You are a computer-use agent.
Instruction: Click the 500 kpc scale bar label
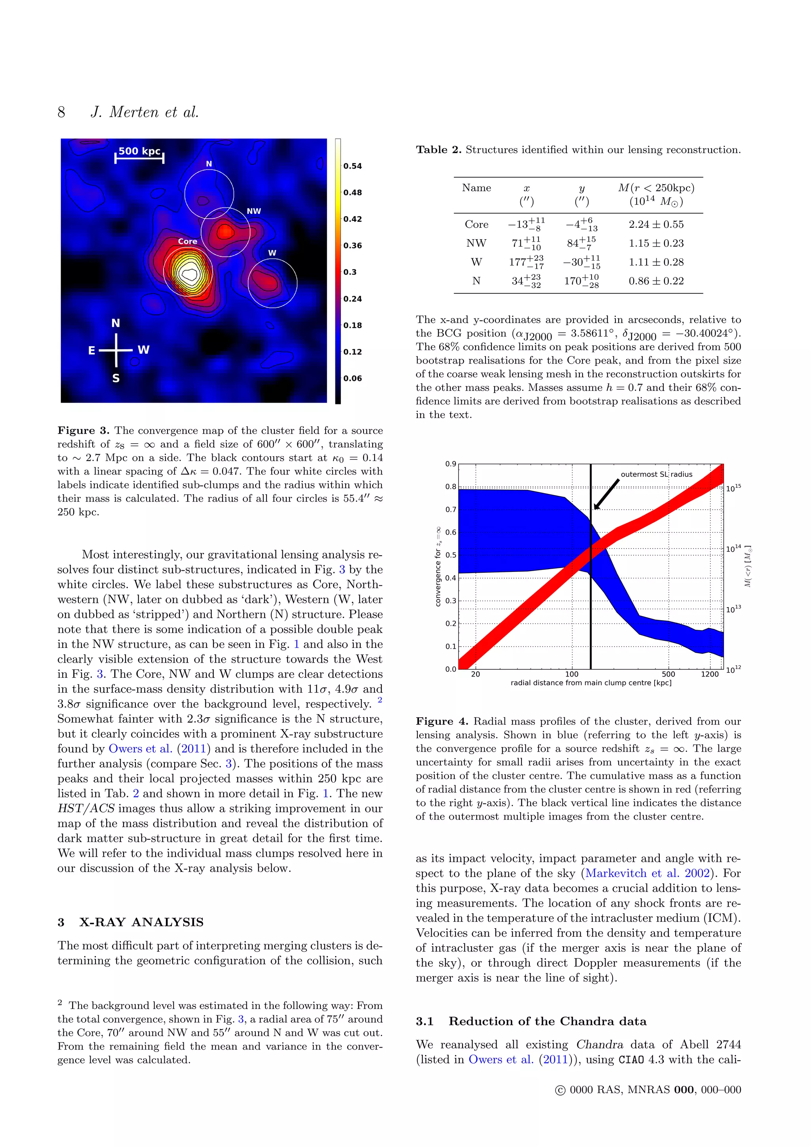[x=139, y=151]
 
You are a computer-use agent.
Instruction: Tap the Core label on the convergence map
[x=188, y=241]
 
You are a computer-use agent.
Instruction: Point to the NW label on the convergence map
[x=254, y=211]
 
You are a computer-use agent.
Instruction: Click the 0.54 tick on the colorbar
[x=352, y=166]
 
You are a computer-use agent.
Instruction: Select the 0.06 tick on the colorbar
[x=352, y=379]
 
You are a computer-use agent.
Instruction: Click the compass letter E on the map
[x=92, y=351]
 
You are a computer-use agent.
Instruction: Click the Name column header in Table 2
[x=476, y=188]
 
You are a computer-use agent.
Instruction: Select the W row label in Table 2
[x=476, y=262]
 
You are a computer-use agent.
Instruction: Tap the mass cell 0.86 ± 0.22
[x=656, y=281]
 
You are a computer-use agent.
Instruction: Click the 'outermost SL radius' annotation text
[x=656, y=474]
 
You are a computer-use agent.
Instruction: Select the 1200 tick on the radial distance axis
[x=709, y=674]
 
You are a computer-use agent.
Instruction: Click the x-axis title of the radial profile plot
[x=591, y=683]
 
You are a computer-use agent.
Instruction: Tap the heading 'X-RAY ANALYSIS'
[x=141, y=922]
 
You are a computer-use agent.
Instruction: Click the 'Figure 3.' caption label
[x=84, y=431]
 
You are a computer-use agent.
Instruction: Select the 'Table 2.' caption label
[x=438, y=150]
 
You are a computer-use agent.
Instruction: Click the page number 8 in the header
[x=61, y=112]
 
